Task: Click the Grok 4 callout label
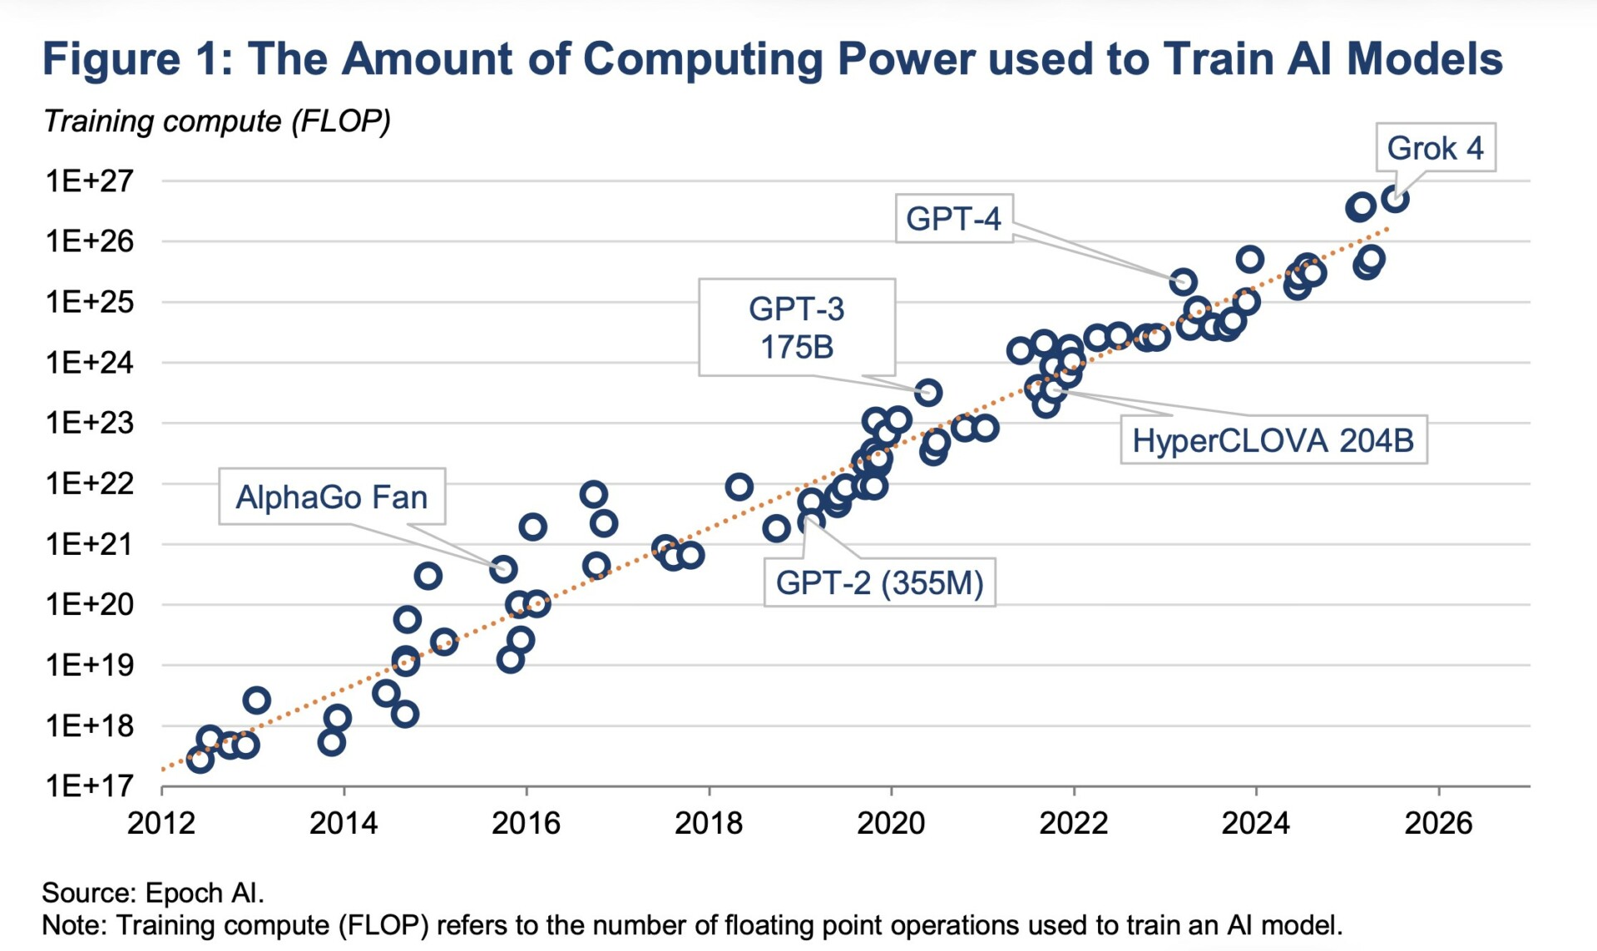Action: click(x=1435, y=148)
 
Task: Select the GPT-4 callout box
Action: click(x=953, y=219)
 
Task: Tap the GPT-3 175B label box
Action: click(x=796, y=327)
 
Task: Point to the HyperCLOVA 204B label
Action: click(x=1273, y=440)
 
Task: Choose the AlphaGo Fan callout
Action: click(x=331, y=497)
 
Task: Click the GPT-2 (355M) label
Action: click(x=879, y=582)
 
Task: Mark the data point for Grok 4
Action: click(x=1395, y=199)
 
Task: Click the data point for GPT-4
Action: click(x=1183, y=282)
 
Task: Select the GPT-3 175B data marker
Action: click(x=928, y=392)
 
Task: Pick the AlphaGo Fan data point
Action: click(x=503, y=569)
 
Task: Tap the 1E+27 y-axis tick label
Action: click(x=89, y=181)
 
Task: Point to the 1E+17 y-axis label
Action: click(x=89, y=785)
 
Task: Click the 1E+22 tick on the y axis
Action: click(x=89, y=483)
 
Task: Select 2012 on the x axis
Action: click(x=161, y=823)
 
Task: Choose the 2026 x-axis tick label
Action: click(x=1438, y=823)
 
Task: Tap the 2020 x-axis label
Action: click(x=891, y=823)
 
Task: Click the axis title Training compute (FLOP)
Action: click(x=217, y=121)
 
